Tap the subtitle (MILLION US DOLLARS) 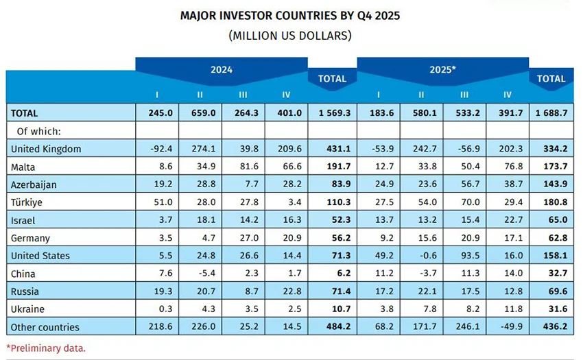(291, 34)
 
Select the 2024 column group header (221, 70)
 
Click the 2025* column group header (442, 70)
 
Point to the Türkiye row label (26, 202)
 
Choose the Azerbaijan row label (33, 184)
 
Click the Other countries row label (45, 327)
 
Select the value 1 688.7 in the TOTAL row (551, 113)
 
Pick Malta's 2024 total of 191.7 (332, 167)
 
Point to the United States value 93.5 (464, 256)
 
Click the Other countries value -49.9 (507, 327)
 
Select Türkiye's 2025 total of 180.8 (551, 202)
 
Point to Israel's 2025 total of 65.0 (551, 220)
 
